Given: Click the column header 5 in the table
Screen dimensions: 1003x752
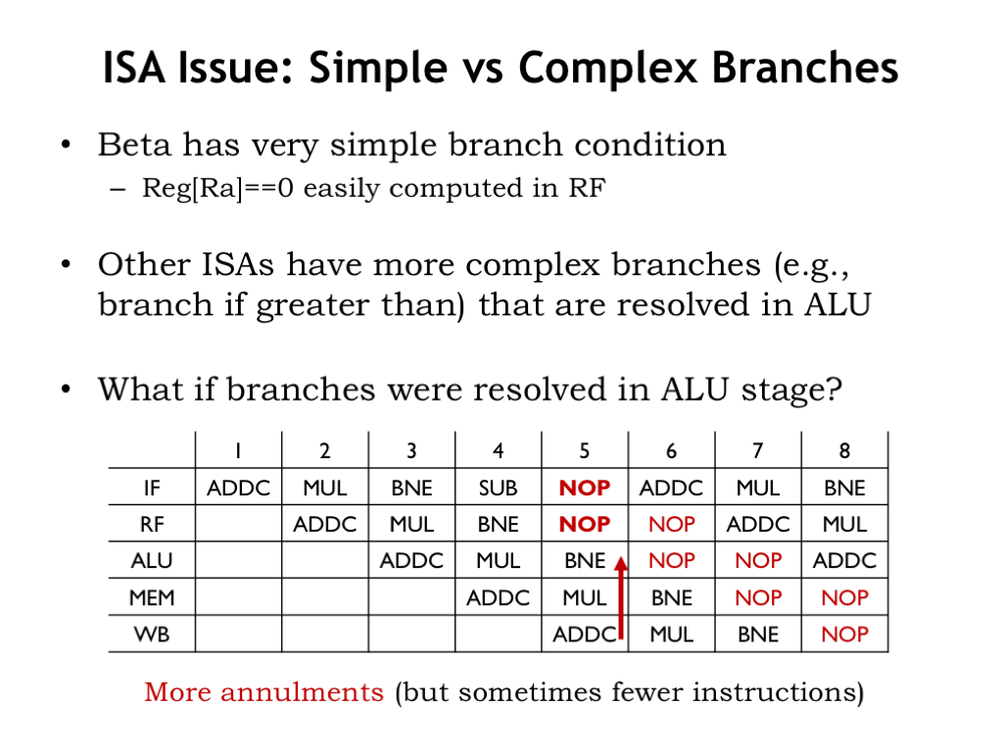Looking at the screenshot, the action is coord(585,450).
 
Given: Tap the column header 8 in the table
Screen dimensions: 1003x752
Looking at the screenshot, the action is coord(844,450).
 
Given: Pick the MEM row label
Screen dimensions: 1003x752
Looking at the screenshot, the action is coord(152,598).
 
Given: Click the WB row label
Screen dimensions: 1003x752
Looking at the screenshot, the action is coord(152,634).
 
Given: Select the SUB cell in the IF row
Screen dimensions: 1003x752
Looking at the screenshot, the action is coord(498,488).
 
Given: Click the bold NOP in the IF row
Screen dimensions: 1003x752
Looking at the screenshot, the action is coord(585,488).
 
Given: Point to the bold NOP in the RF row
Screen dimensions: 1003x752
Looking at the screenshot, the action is coord(585,525).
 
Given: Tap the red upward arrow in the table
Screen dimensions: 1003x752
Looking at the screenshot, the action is coord(620,597).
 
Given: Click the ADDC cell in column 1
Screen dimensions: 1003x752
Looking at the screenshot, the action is coord(238,488).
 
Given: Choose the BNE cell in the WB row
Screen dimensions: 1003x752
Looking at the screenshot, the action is coord(758,634).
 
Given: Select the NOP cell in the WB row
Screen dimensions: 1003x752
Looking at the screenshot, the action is coord(844,634).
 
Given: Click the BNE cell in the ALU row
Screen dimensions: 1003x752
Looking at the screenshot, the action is coord(585,561).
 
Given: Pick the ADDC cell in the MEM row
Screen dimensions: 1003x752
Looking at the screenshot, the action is coord(498,598).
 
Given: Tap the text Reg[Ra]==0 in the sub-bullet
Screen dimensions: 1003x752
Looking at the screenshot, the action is coord(218,189).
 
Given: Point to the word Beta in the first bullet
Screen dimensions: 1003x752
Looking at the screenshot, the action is coord(134,145).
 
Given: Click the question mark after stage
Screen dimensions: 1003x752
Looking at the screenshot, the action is coord(834,389).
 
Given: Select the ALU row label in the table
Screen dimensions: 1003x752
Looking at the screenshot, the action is coord(152,561).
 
